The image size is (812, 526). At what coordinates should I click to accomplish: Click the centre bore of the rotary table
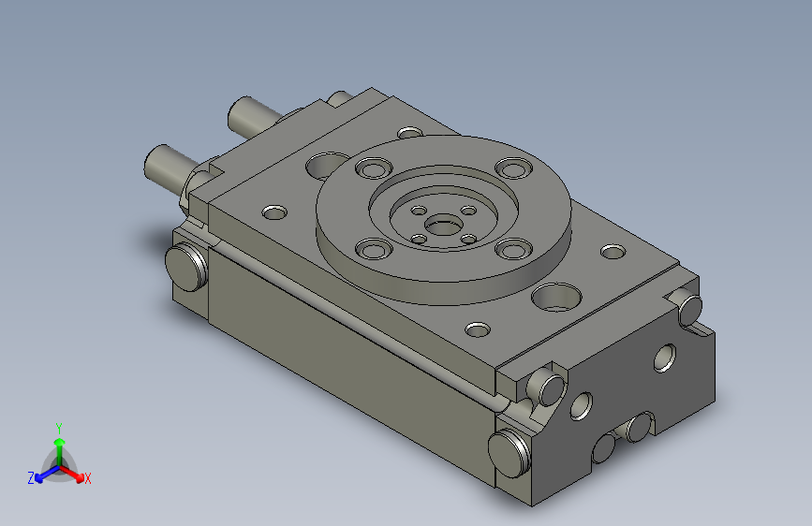pyautogui.click(x=443, y=226)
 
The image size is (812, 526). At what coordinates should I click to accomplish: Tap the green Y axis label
pyautogui.click(x=59, y=429)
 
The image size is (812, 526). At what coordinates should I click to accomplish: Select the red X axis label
pyautogui.click(x=87, y=479)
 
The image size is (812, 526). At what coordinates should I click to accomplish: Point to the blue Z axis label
pyautogui.click(x=31, y=478)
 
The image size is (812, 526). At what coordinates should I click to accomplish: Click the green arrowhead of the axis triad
pyautogui.click(x=60, y=442)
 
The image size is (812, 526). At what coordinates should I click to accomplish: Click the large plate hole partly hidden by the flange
pyautogui.click(x=326, y=165)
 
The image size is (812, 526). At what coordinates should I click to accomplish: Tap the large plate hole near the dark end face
pyautogui.click(x=556, y=298)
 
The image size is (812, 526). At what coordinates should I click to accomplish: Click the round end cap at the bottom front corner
pyautogui.click(x=509, y=454)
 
